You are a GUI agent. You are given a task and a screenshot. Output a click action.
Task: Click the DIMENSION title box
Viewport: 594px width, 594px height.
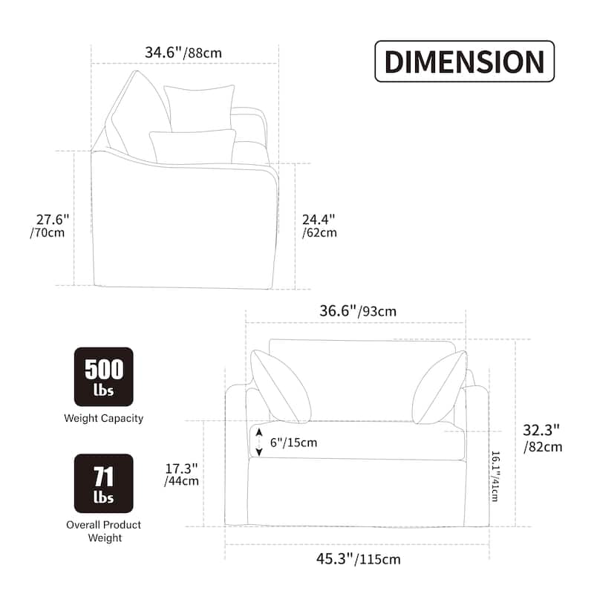click(x=465, y=62)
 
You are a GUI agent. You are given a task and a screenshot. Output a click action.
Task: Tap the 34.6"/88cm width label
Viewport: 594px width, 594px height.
click(x=183, y=53)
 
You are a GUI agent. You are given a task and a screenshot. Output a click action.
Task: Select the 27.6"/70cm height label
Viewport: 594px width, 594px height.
click(x=50, y=226)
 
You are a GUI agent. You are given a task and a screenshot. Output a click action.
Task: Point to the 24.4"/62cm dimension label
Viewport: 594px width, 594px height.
click(x=319, y=226)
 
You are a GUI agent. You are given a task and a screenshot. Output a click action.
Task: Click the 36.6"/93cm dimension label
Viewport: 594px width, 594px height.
click(x=358, y=311)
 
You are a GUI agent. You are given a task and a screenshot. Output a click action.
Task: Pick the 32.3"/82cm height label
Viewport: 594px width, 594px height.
click(x=543, y=438)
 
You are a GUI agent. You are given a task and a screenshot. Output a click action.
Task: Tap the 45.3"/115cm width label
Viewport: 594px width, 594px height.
click(x=359, y=559)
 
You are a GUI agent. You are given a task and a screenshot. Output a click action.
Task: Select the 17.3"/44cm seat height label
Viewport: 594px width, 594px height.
click(x=181, y=474)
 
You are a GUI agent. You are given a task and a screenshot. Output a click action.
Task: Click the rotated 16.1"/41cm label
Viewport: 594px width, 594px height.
click(x=495, y=476)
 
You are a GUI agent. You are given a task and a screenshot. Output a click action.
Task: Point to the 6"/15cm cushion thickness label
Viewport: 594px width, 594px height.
click(x=293, y=443)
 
